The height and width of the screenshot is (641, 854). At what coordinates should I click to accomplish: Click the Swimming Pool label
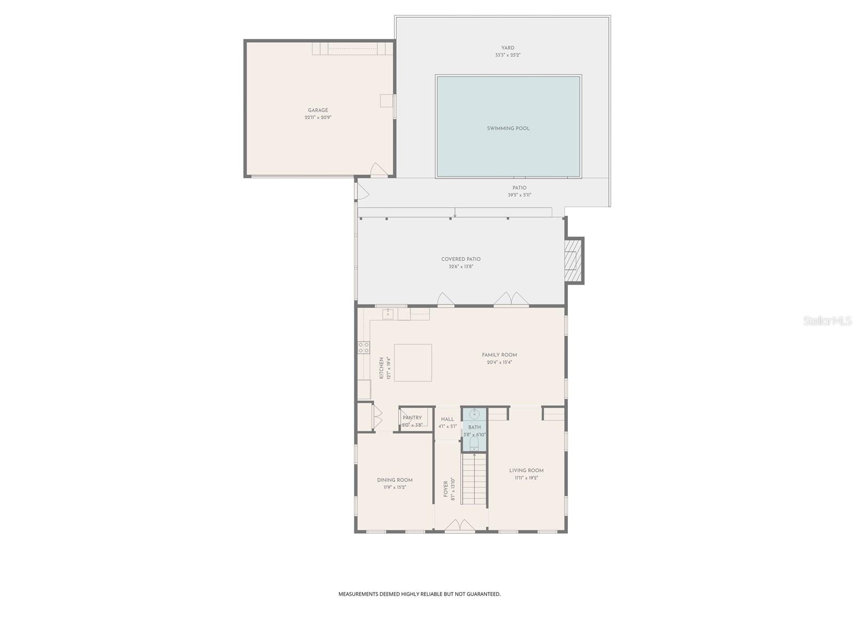click(508, 128)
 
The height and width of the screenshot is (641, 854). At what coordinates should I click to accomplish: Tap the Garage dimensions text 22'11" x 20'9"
click(318, 118)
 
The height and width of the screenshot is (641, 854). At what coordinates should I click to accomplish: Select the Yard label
click(508, 48)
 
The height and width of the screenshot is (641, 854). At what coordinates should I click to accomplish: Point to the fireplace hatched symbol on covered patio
click(572, 260)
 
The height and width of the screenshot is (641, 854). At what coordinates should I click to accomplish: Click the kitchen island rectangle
click(413, 363)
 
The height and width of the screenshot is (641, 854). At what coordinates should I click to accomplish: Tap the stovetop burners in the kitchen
click(363, 348)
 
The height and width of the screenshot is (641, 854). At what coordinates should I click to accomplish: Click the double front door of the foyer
click(460, 526)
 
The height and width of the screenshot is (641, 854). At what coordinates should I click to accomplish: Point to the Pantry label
click(412, 418)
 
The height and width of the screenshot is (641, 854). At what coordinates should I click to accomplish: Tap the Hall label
click(447, 419)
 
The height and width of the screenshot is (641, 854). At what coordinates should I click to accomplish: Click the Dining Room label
click(394, 480)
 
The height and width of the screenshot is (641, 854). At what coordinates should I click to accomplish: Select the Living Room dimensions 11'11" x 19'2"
click(526, 478)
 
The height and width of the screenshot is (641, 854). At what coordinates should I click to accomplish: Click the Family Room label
click(499, 355)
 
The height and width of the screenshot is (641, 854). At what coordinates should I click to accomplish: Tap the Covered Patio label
click(461, 259)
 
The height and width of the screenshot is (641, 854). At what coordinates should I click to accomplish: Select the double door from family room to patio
click(511, 300)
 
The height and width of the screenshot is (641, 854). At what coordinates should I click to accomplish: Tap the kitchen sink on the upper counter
click(388, 314)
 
